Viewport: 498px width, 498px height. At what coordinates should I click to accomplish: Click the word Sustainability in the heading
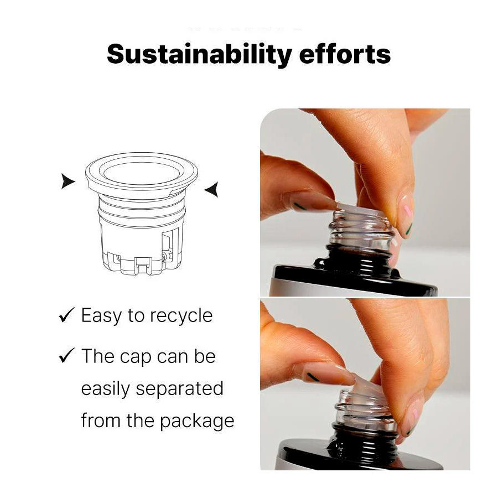pyautogui.click(x=199, y=54)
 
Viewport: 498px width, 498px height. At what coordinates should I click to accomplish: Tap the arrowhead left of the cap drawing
pyautogui.click(x=68, y=181)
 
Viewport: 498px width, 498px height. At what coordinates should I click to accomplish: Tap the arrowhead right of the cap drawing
pyautogui.click(x=211, y=189)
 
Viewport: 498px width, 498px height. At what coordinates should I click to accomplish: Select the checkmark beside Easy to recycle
pyautogui.click(x=67, y=315)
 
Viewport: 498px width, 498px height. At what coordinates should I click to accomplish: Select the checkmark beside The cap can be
pyautogui.click(x=67, y=355)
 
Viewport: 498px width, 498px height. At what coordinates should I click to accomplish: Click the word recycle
pyautogui.click(x=181, y=317)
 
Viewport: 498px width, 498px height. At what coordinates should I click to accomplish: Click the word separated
pyautogui.click(x=179, y=390)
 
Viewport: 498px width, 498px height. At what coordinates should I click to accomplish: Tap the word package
pyautogui.click(x=197, y=422)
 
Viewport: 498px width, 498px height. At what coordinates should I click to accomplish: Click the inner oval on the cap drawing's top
pyautogui.click(x=142, y=173)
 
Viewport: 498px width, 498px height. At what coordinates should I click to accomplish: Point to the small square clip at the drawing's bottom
pyautogui.click(x=143, y=265)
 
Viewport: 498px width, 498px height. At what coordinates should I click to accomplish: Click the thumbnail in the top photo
pyautogui.click(x=406, y=212)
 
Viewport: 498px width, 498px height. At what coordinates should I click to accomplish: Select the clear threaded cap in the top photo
pyautogui.click(x=362, y=228)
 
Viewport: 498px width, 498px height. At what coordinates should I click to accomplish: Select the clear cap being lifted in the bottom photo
pyautogui.click(x=365, y=403)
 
